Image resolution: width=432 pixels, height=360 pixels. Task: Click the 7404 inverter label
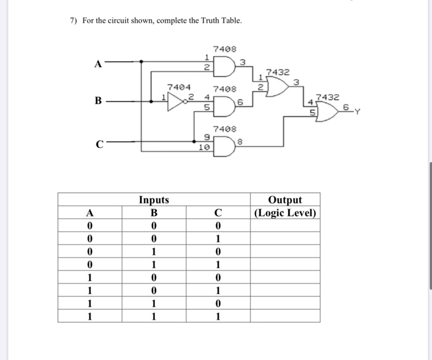(180, 88)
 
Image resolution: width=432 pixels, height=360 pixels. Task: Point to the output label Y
(357, 112)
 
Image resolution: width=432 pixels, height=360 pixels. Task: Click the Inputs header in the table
(154, 200)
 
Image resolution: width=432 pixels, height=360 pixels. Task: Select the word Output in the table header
(285, 200)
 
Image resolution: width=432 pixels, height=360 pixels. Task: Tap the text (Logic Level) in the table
(285, 213)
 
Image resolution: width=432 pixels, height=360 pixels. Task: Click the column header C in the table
(217, 213)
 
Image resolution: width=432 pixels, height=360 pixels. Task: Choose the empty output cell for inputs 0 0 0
(285, 226)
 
